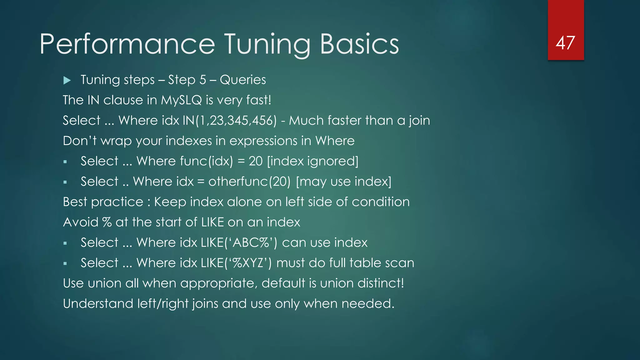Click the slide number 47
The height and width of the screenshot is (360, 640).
[x=565, y=43]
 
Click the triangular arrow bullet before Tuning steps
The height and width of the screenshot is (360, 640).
[x=67, y=81]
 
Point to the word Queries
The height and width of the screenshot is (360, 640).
[x=243, y=80]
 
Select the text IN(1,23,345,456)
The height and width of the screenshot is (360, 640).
[x=230, y=121]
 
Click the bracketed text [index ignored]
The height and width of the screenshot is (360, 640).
[x=313, y=161]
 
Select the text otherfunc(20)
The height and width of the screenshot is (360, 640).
[x=249, y=182]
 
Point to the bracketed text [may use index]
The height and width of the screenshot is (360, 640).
[x=343, y=182]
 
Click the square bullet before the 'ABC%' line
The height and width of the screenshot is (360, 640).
[x=65, y=243]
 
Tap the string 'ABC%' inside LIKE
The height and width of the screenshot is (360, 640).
[x=251, y=243]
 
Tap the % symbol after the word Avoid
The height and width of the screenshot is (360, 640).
[x=107, y=222]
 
